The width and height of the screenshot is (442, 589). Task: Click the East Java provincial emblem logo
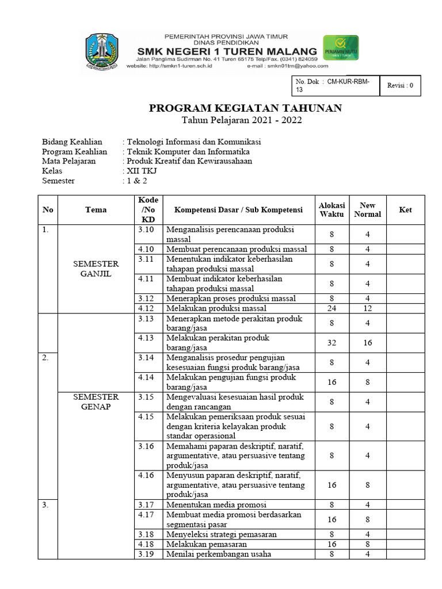point(102,52)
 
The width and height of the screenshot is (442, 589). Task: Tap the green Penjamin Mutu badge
point(340,48)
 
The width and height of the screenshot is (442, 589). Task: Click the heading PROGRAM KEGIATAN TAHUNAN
point(246,108)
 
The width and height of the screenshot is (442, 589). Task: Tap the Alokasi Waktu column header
point(331,210)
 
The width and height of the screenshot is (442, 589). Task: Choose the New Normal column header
point(367,210)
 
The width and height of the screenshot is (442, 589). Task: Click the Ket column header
point(406,210)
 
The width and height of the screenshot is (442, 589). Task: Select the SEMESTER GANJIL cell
point(96,269)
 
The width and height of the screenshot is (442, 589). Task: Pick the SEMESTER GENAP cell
point(96,401)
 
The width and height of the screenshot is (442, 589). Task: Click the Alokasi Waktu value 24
point(331,308)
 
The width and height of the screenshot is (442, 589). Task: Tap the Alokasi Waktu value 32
point(331,343)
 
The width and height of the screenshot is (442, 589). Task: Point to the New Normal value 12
point(367,308)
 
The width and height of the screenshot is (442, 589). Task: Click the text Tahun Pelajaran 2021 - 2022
point(242,120)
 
